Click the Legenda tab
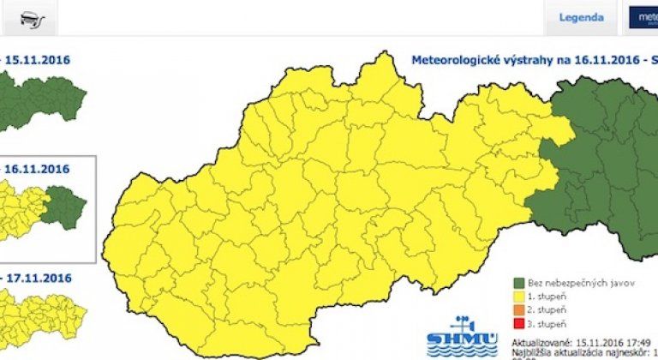tap(581, 17)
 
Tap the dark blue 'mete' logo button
tap(643, 17)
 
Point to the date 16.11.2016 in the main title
tap(595, 61)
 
